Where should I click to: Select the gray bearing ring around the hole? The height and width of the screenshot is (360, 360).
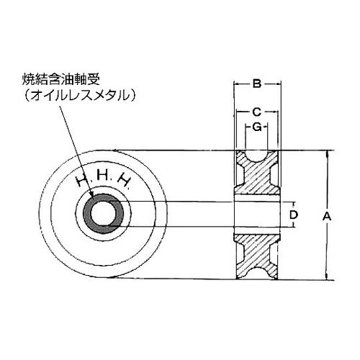(x=88, y=213)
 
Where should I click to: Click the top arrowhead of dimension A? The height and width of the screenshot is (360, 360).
(x=326, y=153)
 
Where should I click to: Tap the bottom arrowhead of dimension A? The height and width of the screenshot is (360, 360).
(x=326, y=276)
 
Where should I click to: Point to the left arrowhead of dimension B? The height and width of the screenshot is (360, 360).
(x=238, y=85)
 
